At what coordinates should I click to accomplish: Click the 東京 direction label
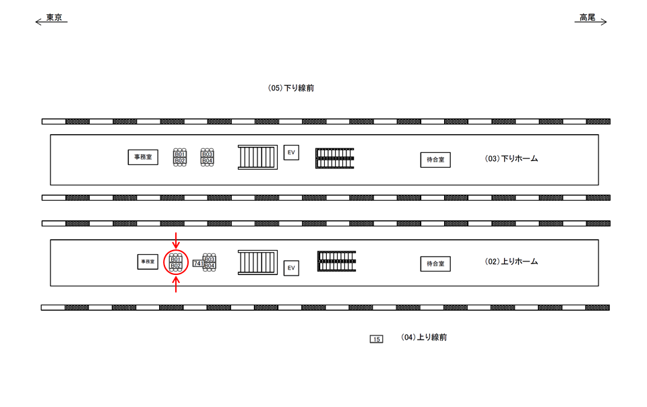coord(54,18)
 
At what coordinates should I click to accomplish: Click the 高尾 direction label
coord(587,18)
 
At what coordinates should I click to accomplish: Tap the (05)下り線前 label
coord(290,88)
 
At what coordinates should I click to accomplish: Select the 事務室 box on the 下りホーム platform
coord(143,157)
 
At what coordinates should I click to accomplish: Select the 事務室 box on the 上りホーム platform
coord(148,262)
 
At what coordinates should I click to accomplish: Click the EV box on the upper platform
coord(291,152)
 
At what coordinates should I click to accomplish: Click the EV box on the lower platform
coord(291,268)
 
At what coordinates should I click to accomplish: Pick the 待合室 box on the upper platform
coord(435,160)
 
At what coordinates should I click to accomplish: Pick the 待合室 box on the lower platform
coord(435,263)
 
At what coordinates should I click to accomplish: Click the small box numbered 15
coord(377,339)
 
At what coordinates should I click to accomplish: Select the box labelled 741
coord(197,263)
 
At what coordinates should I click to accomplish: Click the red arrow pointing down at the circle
coord(176,239)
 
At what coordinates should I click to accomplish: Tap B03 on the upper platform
coord(208,154)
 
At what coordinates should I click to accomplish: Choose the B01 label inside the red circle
coord(176,259)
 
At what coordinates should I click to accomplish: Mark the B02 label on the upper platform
coord(180,160)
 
